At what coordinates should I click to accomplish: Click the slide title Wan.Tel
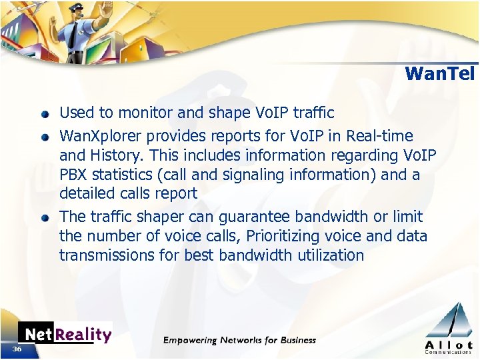(439, 73)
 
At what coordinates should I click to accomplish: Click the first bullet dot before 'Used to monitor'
(44, 114)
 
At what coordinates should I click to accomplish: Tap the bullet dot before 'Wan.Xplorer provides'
(44, 137)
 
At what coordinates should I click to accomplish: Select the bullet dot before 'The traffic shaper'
(44, 218)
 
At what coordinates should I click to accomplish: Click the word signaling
(217, 175)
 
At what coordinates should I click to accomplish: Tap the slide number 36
(17, 349)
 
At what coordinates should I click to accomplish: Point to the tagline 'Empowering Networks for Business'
(240, 340)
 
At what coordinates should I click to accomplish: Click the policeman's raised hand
(103, 17)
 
